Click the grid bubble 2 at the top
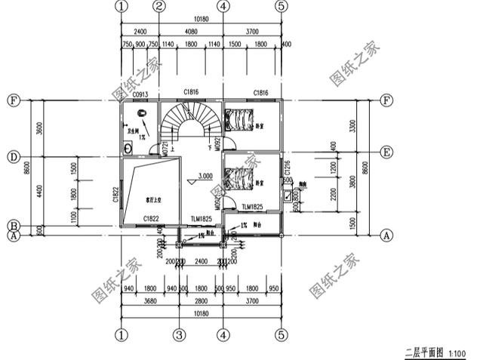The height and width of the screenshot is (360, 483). [159, 6]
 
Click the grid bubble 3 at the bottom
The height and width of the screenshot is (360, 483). [179, 334]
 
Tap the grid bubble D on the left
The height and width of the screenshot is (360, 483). [13, 158]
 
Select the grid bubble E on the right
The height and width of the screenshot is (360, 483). [386, 152]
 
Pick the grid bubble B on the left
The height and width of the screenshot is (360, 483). [13, 226]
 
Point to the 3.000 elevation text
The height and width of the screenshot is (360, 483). [205, 176]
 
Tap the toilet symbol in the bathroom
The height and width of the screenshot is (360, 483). [142, 114]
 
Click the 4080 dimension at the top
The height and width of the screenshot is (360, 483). [191, 32]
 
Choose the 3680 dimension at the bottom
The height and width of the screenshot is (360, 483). [150, 300]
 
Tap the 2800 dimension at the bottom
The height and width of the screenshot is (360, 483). [201, 300]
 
